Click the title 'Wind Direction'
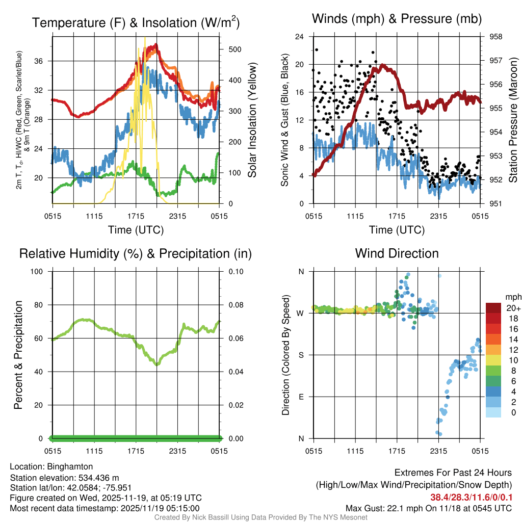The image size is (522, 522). [397, 253]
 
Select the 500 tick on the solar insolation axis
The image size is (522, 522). [235, 49]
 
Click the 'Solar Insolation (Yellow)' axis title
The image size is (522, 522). [252, 120]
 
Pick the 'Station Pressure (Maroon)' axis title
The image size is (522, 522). [513, 120]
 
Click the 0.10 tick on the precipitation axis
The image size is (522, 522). [235, 271]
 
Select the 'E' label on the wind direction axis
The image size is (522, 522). [301, 397]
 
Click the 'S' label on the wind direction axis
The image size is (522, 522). [301, 355]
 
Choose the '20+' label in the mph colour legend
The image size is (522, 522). [513, 308]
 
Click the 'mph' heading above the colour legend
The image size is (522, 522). [512, 297]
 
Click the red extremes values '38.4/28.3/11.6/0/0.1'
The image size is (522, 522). [469, 498]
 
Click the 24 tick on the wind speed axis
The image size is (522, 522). [300, 37]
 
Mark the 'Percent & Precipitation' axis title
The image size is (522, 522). [18, 355]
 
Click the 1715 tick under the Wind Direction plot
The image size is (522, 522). [397, 451]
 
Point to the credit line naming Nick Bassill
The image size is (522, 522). [260, 517]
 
